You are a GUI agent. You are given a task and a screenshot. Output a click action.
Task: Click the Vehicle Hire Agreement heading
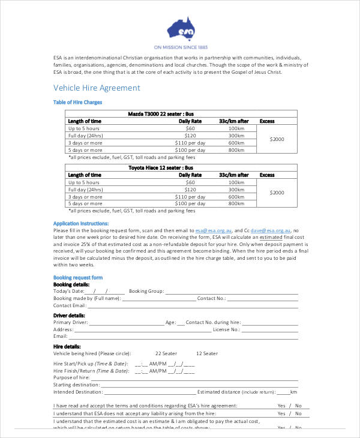click(x=97, y=88)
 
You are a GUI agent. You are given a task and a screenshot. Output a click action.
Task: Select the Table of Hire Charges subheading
click(x=78, y=103)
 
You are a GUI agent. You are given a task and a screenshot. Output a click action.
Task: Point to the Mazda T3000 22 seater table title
click(x=160, y=113)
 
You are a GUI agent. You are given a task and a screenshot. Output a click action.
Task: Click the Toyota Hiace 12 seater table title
click(x=161, y=167)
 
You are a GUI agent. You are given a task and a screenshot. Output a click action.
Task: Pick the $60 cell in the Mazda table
click(x=190, y=128)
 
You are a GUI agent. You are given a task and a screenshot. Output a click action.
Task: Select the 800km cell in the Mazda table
click(x=236, y=150)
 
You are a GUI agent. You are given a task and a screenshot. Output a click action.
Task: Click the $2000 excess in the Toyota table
click(x=277, y=193)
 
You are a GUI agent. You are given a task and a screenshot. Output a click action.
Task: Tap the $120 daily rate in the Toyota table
click(x=190, y=190)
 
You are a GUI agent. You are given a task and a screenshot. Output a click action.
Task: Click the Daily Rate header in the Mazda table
click(x=190, y=121)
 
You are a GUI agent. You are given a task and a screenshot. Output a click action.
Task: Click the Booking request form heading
click(x=78, y=278)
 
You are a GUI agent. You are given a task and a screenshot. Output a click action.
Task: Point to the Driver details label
click(x=69, y=315)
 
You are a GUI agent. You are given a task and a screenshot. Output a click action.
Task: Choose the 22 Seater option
click(x=166, y=354)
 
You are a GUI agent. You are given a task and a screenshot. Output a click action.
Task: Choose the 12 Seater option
click(x=206, y=354)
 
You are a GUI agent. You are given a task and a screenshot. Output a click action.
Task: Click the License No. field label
click(x=227, y=329)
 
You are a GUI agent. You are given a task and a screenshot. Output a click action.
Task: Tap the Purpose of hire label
click(x=71, y=377)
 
